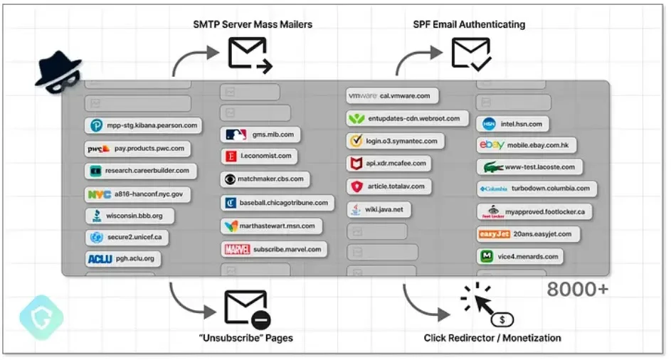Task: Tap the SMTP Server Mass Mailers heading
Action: [x=253, y=24]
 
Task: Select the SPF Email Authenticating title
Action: [x=469, y=24]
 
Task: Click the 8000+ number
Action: [x=578, y=290]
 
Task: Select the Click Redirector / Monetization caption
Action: [x=492, y=338]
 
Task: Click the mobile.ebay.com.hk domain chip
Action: [x=527, y=145]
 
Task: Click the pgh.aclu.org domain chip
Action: [x=123, y=259]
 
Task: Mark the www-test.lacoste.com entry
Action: [x=531, y=168]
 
